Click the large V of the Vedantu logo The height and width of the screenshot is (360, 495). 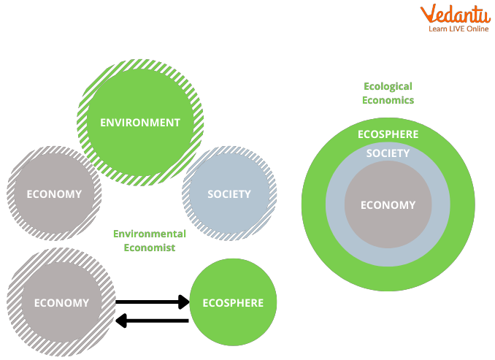click(428, 14)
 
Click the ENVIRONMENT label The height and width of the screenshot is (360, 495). click(140, 123)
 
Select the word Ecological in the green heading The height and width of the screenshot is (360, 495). click(388, 86)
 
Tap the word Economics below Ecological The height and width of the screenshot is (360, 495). click(388, 100)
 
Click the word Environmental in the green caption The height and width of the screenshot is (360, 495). click(149, 234)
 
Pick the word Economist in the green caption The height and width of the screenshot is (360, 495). click(149, 248)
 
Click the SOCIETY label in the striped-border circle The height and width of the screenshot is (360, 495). click(229, 194)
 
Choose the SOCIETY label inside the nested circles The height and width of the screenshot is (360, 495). click(388, 153)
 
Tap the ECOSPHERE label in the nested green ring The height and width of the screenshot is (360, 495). click(388, 134)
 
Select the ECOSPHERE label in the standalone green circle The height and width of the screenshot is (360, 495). click(233, 302)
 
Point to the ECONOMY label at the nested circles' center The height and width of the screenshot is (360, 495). click(388, 205)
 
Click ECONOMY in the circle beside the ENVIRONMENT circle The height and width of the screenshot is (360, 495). click(54, 194)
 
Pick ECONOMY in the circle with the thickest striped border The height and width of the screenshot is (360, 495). click(61, 302)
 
